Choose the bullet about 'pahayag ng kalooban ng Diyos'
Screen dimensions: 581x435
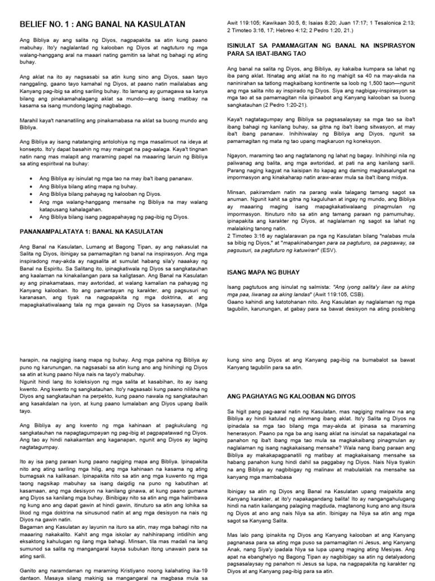pyautogui.click(x=97, y=193)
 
